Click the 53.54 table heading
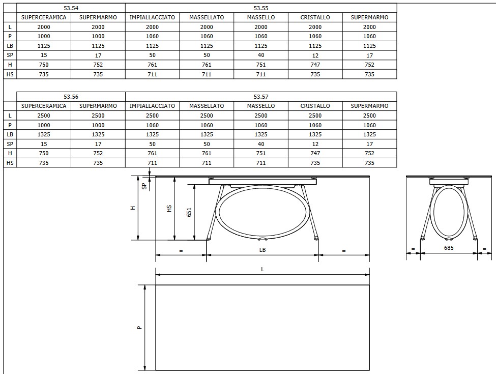[71, 8]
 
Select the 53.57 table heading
[260, 97]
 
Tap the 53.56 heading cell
[71, 97]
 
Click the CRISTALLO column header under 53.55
[315, 17]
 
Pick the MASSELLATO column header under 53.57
[207, 106]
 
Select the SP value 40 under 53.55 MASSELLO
[260, 55]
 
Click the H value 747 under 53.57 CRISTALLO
[315, 153]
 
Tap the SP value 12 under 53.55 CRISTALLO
[315, 55]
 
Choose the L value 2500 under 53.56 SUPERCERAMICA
[44, 116]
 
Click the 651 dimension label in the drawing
[189, 212]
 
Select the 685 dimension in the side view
[448, 248]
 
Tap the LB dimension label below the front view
[262, 250]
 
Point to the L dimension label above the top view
[262, 270]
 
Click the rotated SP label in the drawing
[144, 186]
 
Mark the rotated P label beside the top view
[139, 328]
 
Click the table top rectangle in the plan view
[262, 328]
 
